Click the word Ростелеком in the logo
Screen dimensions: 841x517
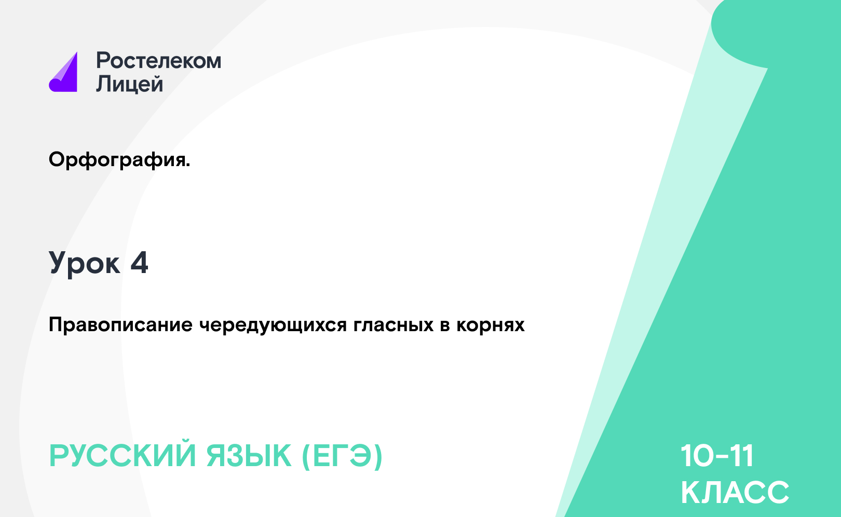tap(158, 60)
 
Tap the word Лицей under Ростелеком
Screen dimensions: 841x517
tap(130, 84)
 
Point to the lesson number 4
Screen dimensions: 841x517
tap(139, 262)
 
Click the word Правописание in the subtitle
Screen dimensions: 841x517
tap(120, 325)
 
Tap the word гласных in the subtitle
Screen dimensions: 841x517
tap(394, 325)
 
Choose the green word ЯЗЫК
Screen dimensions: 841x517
tap(249, 456)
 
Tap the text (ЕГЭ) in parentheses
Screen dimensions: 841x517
tap(342, 456)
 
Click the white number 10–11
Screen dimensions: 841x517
tap(717, 456)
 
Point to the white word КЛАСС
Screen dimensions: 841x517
tap(735, 492)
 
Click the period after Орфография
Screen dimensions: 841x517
tap(188, 165)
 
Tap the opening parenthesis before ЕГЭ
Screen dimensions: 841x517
tap(306, 457)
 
